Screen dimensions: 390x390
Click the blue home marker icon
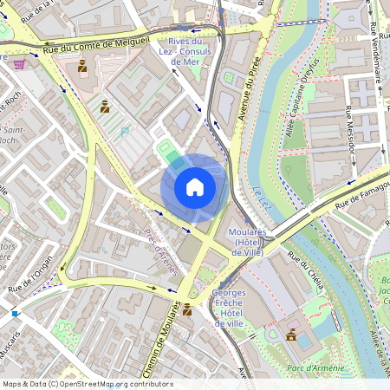pyautogui.click(x=195, y=185)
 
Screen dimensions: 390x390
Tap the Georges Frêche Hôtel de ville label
pyautogui.click(x=229, y=308)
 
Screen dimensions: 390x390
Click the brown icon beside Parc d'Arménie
pyautogui.click(x=291, y=335)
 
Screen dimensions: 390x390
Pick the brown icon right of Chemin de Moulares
pyautogui.click(x=187, y=309)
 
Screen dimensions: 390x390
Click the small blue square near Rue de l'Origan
pyautogui.click(x=15, y=313)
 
